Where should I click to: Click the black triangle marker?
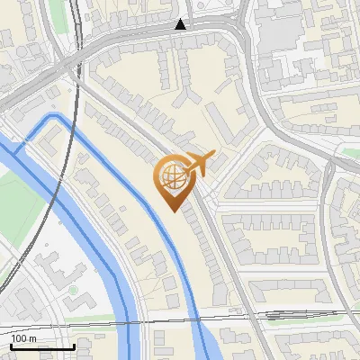[181, 25]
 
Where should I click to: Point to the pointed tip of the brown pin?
[172, 209]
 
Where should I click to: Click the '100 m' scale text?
[24, 337]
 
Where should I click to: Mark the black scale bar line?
[41, 346]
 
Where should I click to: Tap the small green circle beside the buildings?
[73, 290]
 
